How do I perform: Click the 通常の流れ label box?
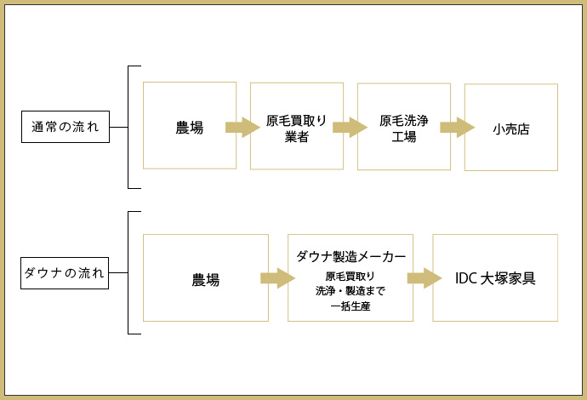[66, 127]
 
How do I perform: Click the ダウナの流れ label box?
[66, 274]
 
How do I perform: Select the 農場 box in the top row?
[189, 126]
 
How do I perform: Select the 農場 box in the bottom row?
[206, 278]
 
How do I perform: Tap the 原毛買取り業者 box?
[297, 126]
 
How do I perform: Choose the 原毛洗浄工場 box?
[404, 126]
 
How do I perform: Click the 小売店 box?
[511, 128]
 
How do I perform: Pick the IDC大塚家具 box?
[495, 278]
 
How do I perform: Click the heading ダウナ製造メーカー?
[350, 256]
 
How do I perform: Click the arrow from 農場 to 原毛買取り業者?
[242, 128]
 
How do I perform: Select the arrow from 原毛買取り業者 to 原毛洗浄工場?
[350, 128]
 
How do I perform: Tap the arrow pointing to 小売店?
[457, 128]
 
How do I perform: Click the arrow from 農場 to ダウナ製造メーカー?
[277, 278]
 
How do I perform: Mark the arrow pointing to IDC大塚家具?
[424, 278]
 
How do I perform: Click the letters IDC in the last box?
[466, 278]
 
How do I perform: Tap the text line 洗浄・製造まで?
[350, 291]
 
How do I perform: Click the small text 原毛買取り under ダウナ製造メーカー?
[350, 276]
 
